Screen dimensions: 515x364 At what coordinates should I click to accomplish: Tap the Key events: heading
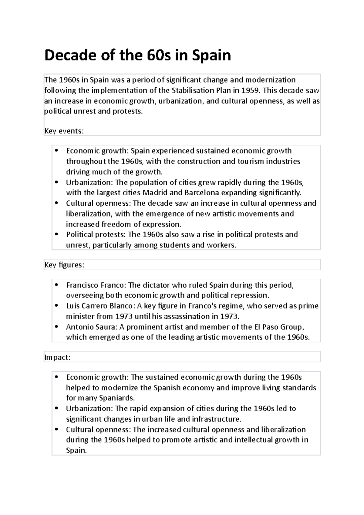point(64,131)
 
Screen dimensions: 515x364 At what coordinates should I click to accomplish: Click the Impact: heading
point(57,358)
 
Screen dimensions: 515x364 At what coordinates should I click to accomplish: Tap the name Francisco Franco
point(96,285)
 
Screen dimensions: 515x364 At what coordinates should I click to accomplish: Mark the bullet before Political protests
point(57,235)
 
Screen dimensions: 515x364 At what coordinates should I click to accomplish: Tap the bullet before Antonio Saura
point(57,327)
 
